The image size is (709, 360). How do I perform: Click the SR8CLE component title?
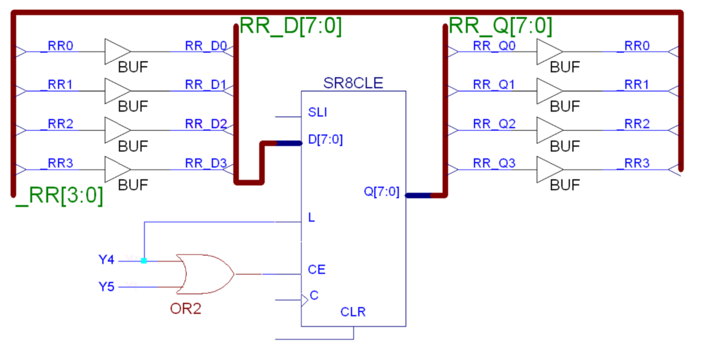tap(353, 83)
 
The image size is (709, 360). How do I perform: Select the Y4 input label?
tap(107, 260)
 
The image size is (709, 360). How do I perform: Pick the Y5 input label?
tap(107, 287)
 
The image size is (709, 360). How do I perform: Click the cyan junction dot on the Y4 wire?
tap(144, 260)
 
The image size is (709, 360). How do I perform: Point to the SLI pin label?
tap(318, 112)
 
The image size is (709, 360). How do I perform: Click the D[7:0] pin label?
tap(325, 140)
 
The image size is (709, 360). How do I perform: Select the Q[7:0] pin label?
tap(382, 192)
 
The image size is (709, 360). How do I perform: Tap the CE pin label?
tap(317, 270)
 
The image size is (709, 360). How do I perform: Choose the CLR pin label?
tap(353, 312)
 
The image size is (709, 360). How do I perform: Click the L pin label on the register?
tap(312, 218)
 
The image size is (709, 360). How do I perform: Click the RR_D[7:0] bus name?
tap(290, 26)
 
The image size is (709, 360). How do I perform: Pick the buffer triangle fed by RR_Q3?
tap(549, 170)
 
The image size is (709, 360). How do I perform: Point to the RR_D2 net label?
tap(206, 124)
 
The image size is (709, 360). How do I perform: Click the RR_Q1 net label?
tap(494, 84)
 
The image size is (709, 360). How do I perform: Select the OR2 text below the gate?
tap(185, 310)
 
